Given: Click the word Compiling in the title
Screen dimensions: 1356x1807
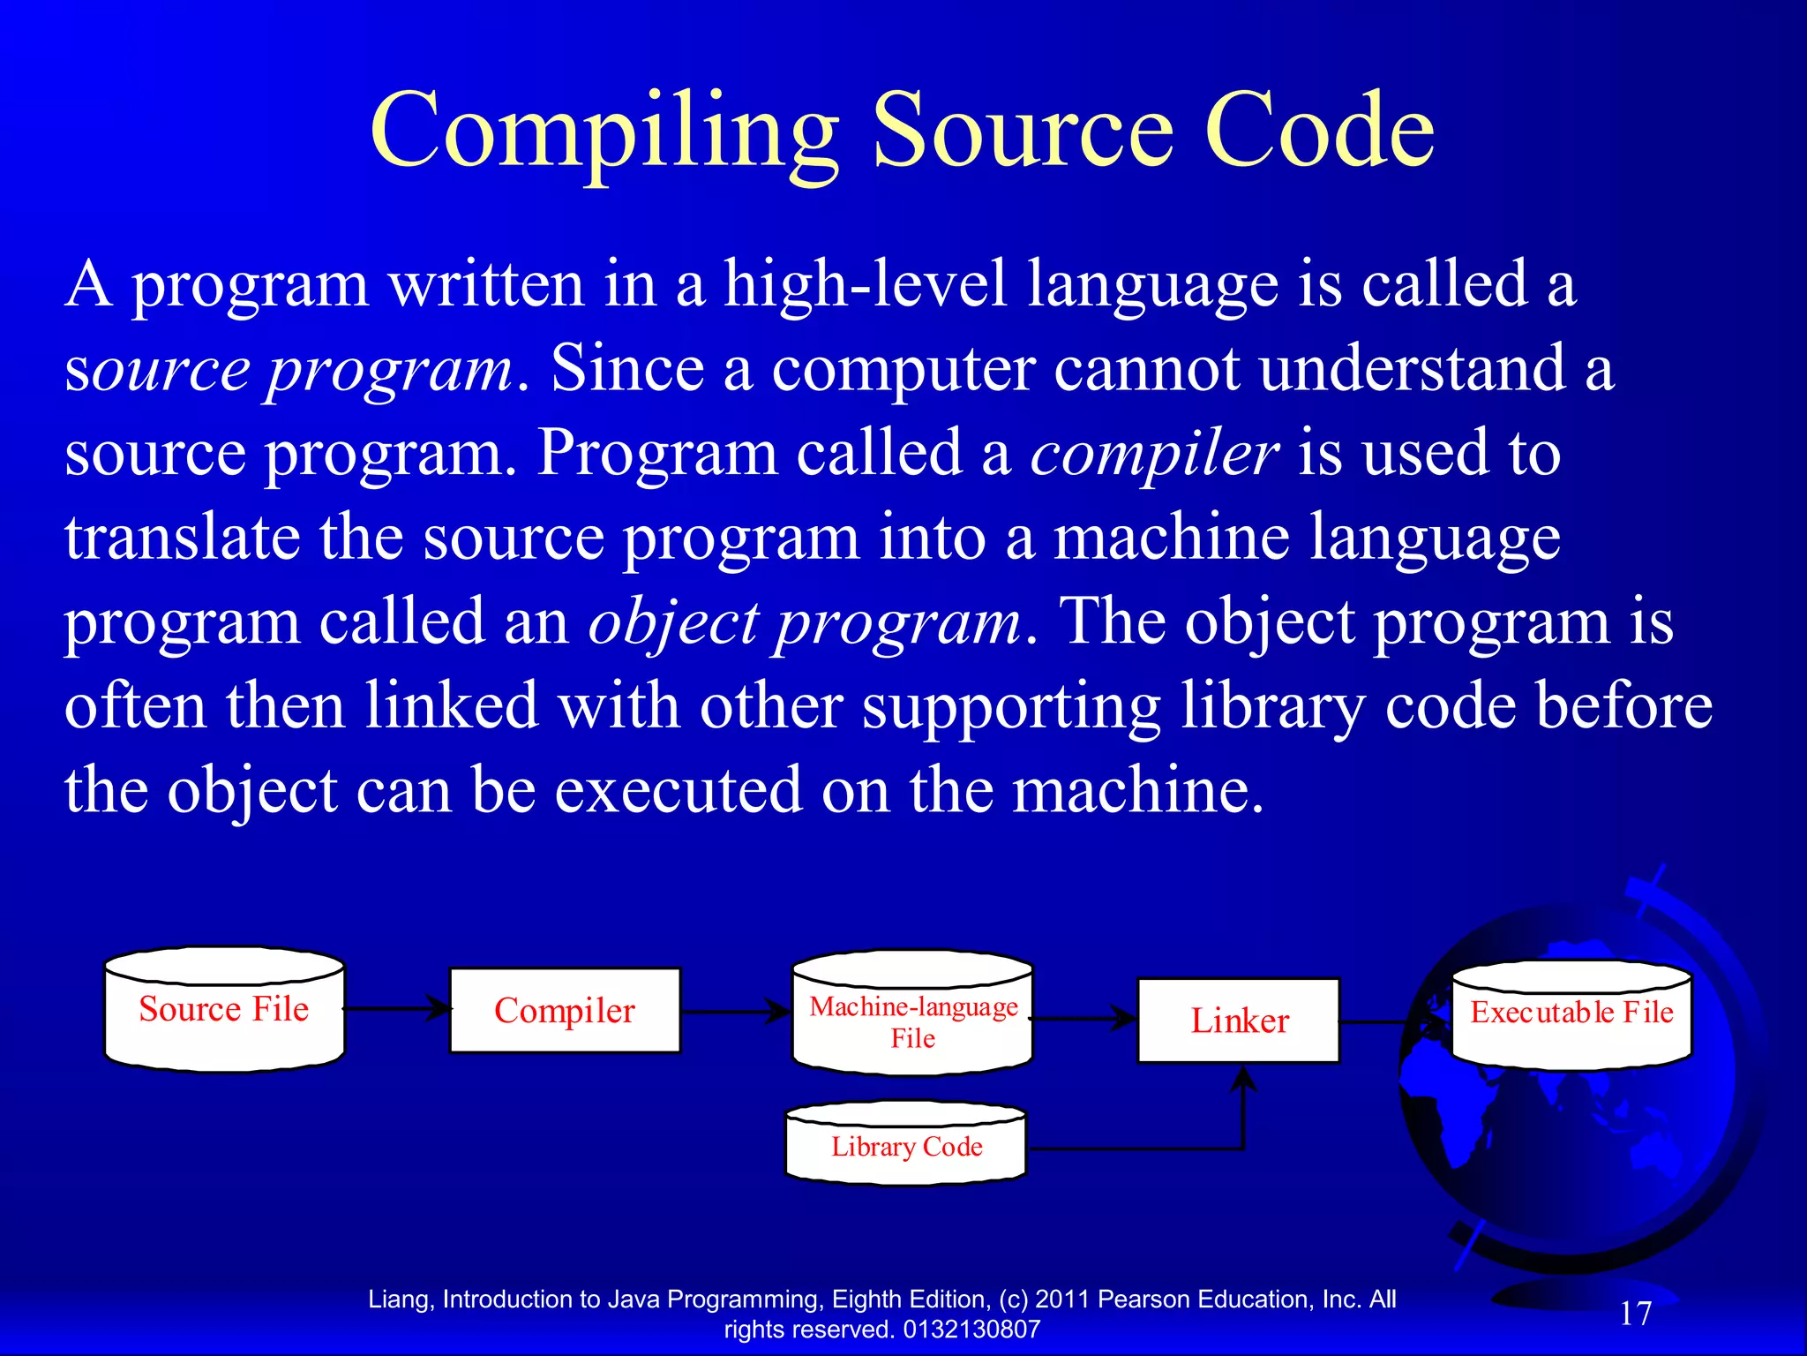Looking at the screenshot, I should [604, 132].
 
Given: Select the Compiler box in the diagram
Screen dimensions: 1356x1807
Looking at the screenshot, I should [565, 1011].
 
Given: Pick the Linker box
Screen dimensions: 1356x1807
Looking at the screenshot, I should [1239, 1021].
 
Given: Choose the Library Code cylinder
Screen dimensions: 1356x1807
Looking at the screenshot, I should [906, 1145].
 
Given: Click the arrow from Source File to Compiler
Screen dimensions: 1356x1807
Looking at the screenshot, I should [397, 1007].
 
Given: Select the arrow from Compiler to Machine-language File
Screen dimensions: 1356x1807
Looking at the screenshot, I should [736, 1012].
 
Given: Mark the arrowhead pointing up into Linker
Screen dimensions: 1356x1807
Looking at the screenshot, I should [1243, 1079].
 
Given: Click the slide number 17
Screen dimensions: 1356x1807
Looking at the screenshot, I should [1635, 1314].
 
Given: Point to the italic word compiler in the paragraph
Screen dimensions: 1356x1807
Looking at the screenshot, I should [1154, 453].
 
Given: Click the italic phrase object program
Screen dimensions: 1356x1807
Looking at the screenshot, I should [805, 622].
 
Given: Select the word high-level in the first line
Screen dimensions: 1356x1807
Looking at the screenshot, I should [865, 284].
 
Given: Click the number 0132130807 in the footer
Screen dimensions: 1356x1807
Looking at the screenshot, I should [972, 1330].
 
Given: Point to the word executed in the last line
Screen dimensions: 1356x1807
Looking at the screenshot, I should [678, 790].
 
